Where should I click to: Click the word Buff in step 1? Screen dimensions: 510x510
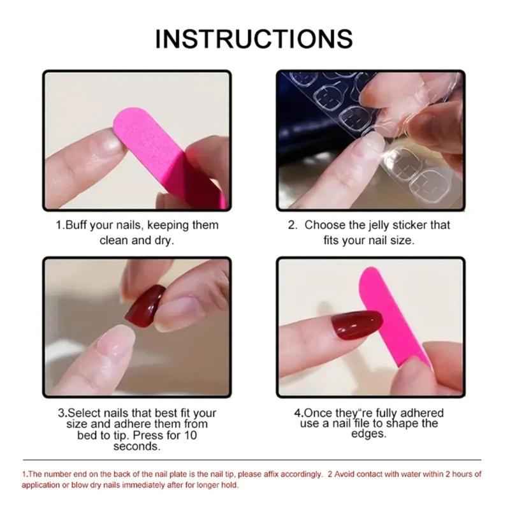[x=78, y=225]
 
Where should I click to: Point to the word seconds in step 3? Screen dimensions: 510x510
[x=136, y=446]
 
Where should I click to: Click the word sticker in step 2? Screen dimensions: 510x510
[x=419, y=225]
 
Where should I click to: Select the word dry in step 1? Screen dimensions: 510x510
[x=164, y=241]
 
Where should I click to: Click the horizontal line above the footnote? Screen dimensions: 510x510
[x=254, y=460]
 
